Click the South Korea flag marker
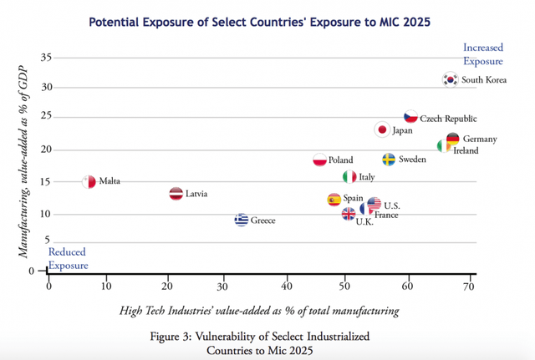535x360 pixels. tap(451, 79)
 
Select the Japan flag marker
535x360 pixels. tap(382, 129)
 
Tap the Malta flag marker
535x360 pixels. tap(89, 181)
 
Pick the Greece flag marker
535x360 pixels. tap(242, 221)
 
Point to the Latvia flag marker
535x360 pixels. tap(176, 194)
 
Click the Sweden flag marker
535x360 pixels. tap(389, 159)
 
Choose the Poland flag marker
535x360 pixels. tap(319, 160)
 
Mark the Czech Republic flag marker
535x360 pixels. tap(410, 118)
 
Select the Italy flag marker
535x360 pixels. tap(349, 177)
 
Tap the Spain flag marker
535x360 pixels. tap(334, 200)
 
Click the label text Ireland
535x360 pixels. tap(466, 150)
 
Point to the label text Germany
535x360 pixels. tap(480, 139)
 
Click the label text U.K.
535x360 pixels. tap(364, 221)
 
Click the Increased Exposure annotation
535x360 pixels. tap(482, 54)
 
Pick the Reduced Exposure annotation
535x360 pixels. tap(68, 258)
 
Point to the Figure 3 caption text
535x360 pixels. tap(267, 342)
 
